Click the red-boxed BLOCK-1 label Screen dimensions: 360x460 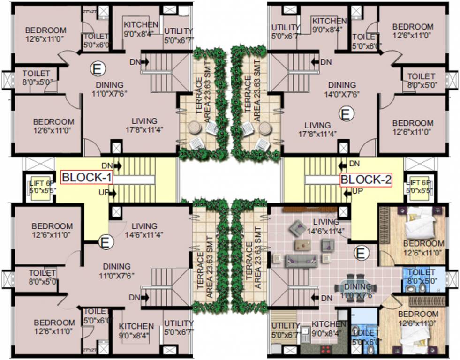coord(87,178)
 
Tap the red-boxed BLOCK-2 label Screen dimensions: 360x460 coord(366,179)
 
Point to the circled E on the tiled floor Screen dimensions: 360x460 coord(360,253)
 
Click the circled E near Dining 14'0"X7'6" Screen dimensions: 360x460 coord(346,113)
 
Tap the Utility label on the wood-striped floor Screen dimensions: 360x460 coord(285,329)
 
